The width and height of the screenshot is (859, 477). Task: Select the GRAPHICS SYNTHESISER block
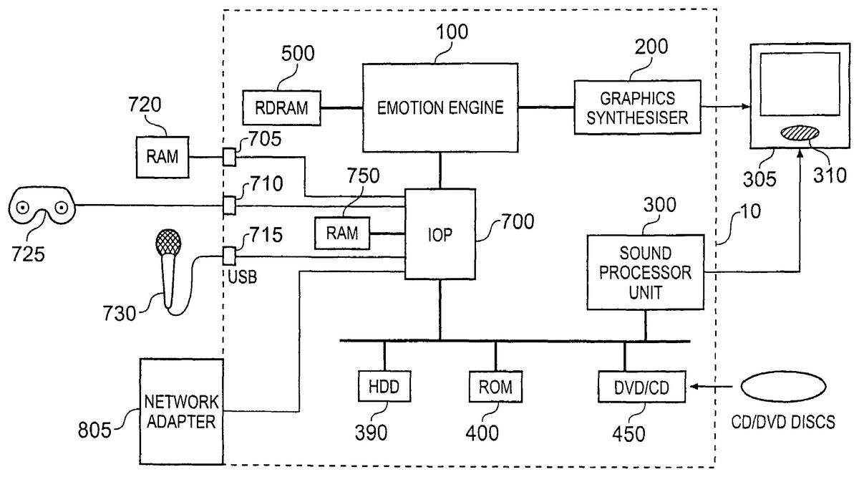coord(637,107)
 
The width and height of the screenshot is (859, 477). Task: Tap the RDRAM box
coord(281,107)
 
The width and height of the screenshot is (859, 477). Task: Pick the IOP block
coord(440,234)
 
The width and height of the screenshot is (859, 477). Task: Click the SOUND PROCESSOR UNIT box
coord(645,271)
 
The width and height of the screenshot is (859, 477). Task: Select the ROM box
coord(495,387)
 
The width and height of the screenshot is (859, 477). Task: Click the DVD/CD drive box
coord(641,387)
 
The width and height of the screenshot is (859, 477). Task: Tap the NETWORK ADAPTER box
coord(181,410)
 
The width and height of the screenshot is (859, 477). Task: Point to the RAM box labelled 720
coord(163,157)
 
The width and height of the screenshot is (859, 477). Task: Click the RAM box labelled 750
coord(341,233)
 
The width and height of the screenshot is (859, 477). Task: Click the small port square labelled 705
coord(229,157)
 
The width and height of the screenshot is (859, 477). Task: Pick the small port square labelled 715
coord(229,255)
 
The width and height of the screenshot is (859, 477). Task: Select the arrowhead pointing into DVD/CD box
coord(692,388)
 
